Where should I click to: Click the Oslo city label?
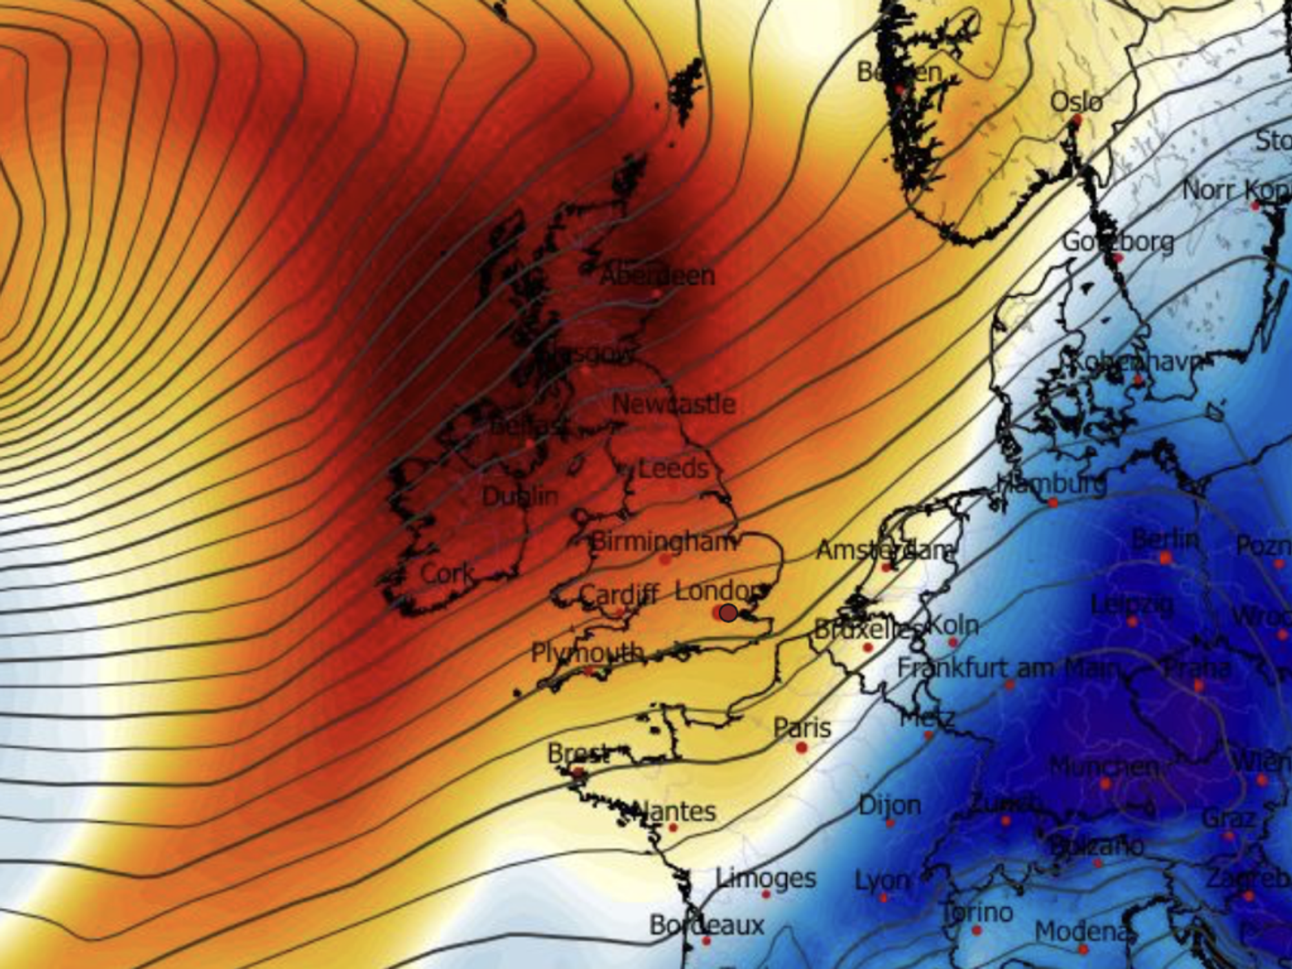pos(1076,102)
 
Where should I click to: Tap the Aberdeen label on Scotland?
pos(658,276)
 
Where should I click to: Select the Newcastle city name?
pos(674,404)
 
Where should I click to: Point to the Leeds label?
pos(673,468)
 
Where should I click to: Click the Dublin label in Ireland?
pos(520,496)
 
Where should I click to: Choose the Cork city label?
pos(447,573)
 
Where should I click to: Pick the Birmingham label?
pos(663,541)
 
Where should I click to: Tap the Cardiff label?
pos(619,594)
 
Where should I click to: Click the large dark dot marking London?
pos(728,612)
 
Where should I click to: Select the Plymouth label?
pos(588,652)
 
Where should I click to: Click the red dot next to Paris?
pos(802,747)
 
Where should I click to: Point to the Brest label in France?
pos(578,753)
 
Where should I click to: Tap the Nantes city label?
pos(675,811)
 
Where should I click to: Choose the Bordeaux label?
pos(707,925)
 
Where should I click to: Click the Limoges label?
pos(766,878)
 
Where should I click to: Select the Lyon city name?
pos(882,880)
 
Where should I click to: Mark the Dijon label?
pos(890,806)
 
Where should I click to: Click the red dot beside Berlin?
pos(1166,557)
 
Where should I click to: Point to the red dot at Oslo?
pos(1077,120)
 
